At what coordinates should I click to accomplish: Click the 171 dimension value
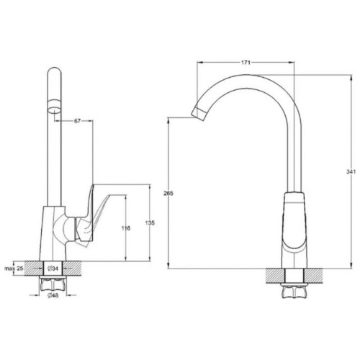(x=246, y=63)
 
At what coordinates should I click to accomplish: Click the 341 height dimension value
(x=351, y=171)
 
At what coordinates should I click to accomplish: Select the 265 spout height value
(x=168, y=193)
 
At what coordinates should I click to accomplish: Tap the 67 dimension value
(x=77, y=121)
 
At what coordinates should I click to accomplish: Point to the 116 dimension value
(x=126, y=228)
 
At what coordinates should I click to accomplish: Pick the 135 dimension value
(x=150, y=223)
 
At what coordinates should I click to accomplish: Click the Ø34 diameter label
(x=53, y=269)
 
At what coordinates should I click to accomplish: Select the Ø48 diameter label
(x=53, y=295)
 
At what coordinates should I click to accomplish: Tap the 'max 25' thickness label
(x=14, y=269)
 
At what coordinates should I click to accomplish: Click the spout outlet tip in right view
(x=198, y=114)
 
